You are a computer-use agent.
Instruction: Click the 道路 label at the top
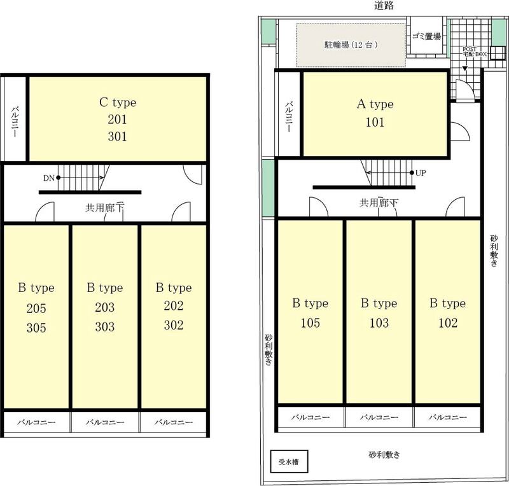pos(384,6)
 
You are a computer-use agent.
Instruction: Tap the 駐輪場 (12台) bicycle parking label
pos(351,45)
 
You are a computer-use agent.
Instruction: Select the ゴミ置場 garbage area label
pos(426,36)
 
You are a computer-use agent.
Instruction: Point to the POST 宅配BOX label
pos(475,52)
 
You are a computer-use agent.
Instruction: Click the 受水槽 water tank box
pos(289,461)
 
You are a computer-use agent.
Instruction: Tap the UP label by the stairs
pos(421,173)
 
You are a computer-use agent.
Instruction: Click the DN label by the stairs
pos(49,178)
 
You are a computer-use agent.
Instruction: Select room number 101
pos(375,122)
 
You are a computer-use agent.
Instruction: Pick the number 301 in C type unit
pos(117,136)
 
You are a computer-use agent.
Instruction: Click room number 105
pos(310,323)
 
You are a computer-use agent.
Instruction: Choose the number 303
pos(104,326)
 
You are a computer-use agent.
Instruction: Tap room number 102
pos(448,323)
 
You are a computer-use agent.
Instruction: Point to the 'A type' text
pos(375,104)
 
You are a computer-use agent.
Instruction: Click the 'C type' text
pos(118,102)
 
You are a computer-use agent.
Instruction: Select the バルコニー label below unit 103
pos(379,417)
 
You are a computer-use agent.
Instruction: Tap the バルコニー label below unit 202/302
pos(174,422)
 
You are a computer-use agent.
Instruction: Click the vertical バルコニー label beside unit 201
pos(15,121)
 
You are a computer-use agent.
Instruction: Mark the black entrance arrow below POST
pos(465,69)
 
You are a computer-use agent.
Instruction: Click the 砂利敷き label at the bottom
pos(384,454)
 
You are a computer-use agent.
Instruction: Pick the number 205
pos(36,309)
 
